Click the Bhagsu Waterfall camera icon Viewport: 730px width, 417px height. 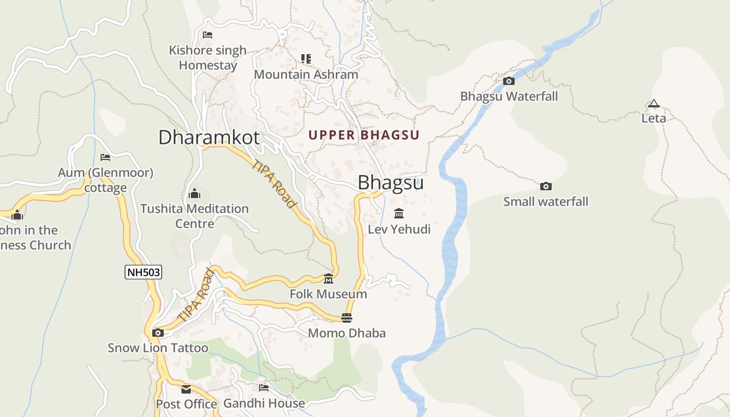[x=508, y=81]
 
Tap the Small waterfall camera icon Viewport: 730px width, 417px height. [x=545, y=186]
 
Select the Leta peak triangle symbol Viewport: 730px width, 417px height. [x=653, y=103]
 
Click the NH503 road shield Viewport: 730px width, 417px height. [x=143, y=272]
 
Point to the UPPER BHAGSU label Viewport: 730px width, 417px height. [x=364, y=135]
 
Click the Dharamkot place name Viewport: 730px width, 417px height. [x=209, y=137]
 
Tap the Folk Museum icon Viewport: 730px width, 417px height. [x=328, y=279]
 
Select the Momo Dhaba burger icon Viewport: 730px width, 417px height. [x=347, y=317]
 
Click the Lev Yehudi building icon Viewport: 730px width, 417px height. [x=399, y=213]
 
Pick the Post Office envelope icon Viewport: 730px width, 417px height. [x=186, y=389]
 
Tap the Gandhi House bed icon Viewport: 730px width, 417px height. [x=264, y=388]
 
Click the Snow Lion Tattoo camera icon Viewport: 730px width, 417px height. [x=157, y=333]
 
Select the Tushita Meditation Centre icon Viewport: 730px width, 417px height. [x=194, y=193]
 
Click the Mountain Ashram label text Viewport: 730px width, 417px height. [x=306, y=74]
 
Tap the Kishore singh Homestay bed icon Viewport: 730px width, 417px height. [x=208, y=35]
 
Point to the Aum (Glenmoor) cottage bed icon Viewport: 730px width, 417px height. [x=105, y=157]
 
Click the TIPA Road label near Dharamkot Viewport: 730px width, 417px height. [x=274, y=184]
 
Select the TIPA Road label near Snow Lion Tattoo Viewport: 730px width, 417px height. [x=196, y=295]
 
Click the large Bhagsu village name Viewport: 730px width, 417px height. [x=391, y=183]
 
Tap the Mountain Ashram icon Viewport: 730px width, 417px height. [x=306, y=59]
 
